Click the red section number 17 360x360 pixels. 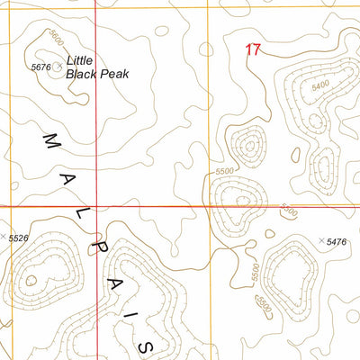coord(254,50)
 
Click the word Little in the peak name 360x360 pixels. coord(84,59)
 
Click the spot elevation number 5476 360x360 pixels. coord(337,242)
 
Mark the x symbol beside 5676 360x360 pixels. coord(60,67)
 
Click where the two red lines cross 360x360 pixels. coord(95,206)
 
